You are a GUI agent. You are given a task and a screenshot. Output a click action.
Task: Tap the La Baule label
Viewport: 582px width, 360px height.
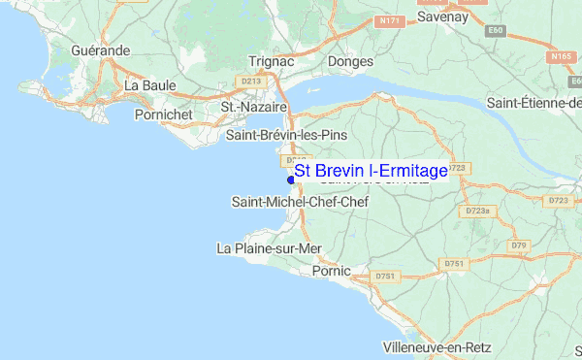(x=149, y=85)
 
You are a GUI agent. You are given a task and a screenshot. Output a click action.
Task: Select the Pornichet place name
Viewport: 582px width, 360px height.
(x=165, y=115)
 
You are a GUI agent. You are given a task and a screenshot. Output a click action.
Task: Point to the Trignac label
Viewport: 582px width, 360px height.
(x=272, y=60)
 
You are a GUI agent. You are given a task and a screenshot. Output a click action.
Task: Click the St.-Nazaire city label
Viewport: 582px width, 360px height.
(x=254, y=107)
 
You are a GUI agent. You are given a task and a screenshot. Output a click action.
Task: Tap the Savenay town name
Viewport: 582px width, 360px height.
(x=442, y=16)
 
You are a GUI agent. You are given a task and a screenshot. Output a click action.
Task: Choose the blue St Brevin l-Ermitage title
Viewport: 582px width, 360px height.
(x=372, y=171)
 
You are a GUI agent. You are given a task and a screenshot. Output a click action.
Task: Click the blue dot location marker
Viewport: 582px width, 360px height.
(x=291, y=178)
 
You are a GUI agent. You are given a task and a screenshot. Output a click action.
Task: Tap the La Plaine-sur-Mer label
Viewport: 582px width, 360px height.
(x=269, y=248)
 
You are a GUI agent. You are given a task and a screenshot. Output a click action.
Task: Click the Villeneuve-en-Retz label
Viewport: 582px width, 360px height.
(x=438, y=346)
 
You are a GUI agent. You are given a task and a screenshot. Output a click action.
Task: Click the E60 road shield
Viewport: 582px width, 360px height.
(x=497, y=30)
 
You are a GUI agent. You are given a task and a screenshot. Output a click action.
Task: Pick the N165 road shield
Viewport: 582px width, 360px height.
(x=561, y=57)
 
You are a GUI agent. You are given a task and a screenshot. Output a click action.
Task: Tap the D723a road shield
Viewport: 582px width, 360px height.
(x=477, y=211)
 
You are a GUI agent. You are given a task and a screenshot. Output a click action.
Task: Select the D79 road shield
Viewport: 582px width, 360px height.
(x=519, y=245)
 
